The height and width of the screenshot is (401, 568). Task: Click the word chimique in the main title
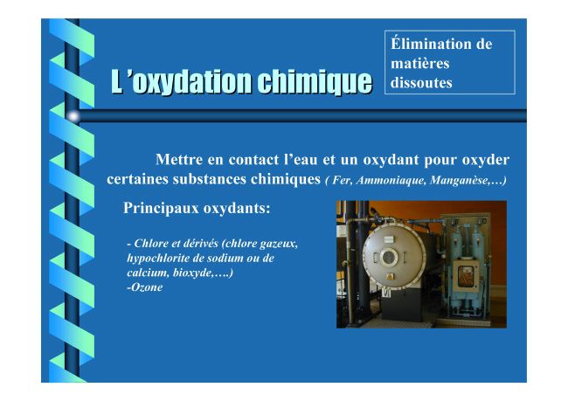(315, 81)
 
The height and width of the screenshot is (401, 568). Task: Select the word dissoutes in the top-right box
(421, 83)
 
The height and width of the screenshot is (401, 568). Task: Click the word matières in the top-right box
(419, 64)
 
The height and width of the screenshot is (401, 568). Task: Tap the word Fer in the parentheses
(341, 180)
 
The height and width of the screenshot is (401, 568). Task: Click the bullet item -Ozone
(144, 287)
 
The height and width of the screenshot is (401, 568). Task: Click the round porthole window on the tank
(388, 257)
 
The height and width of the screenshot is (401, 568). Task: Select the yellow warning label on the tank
(390, 277)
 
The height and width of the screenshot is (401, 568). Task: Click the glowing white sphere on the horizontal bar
(73, 116)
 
